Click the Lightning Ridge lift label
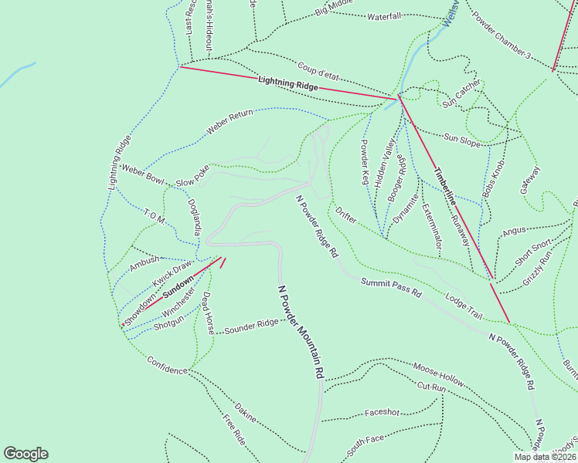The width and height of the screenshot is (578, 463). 288,83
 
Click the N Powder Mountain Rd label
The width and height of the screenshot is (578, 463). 301,330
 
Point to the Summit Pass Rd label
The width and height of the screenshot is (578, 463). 390,288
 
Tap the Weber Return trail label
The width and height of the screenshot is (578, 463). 230,124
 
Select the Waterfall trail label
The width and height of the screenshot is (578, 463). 384,16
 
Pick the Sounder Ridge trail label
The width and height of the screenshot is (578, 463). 251,326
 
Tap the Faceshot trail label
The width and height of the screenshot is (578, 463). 382,412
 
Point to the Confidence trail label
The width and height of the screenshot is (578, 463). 167,365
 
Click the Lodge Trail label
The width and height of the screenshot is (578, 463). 464,306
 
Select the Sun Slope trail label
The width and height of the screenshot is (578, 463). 462,138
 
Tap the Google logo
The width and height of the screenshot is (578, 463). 25,454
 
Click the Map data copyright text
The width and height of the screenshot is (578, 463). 546,457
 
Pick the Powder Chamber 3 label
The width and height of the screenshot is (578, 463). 500,35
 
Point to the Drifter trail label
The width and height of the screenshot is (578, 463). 346,215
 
